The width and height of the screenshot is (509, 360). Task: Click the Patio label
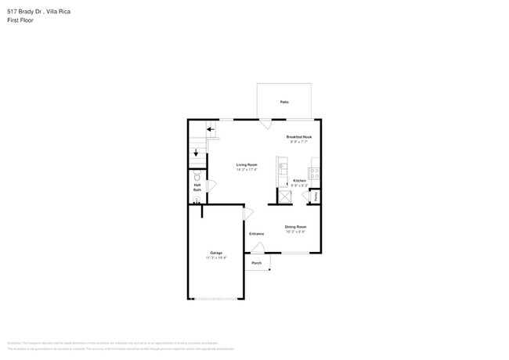point(283,103)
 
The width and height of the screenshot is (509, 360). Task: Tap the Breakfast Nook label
point(299,137)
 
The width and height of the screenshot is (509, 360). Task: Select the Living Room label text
point(247,164)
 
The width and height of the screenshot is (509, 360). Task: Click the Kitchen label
point(300,181)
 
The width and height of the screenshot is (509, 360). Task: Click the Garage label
point(216,253)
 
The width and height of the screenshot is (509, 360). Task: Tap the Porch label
point(256,263)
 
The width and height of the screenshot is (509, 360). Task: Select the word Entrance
point(257,234)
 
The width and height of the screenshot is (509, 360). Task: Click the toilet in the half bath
point(197,176)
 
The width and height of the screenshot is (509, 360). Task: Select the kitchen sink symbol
point(283,167)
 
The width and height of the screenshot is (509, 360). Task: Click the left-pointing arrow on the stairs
point(210,128)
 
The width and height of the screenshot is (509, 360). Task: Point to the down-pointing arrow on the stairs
point(196,153)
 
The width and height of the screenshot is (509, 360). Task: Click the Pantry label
point(316,197)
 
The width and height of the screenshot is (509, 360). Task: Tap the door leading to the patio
point(266,124)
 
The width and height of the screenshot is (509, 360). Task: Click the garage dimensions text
point(216,257)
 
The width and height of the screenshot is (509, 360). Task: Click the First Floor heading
point(20,20)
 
